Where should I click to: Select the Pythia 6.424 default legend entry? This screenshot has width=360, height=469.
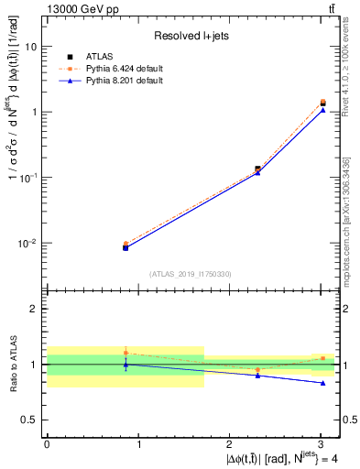coord(124,68)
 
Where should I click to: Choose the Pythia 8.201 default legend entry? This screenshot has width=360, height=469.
coord(124,80)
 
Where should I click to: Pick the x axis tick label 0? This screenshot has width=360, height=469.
coord(47,443)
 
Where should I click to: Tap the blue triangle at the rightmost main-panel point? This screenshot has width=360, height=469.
coord(322,110)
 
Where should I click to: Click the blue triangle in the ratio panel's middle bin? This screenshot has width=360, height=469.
coord(257,376)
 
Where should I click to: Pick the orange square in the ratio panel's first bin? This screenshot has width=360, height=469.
coord(125,353)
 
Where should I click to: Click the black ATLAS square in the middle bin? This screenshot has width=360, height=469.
coord(257,169)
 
